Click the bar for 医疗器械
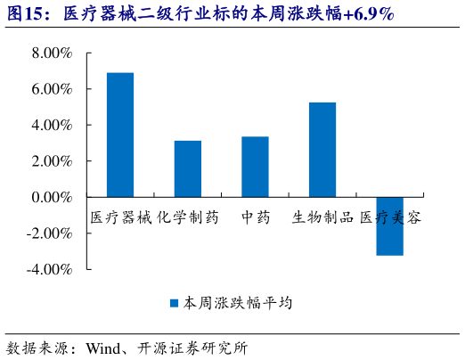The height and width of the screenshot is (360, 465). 120,135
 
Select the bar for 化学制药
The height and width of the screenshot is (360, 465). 187,168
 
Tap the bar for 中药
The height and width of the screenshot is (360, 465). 255,167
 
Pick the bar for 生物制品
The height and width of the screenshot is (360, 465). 322,150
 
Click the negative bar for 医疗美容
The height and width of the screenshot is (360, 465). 389,225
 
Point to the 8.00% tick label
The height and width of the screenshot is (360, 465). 51,53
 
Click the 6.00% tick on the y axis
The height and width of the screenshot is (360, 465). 51,89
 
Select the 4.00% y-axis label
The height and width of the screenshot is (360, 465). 51,126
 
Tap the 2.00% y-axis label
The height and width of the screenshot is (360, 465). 51,161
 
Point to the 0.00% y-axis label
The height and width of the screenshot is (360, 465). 51,197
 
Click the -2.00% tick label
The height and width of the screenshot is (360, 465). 49,233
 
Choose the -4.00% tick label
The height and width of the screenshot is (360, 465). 49,269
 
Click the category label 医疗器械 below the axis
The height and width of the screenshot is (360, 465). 121,217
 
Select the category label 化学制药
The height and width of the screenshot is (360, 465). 188,217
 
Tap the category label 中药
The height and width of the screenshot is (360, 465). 256,217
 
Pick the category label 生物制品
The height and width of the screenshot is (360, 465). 323,217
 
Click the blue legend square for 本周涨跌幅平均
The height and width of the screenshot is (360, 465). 175,303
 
